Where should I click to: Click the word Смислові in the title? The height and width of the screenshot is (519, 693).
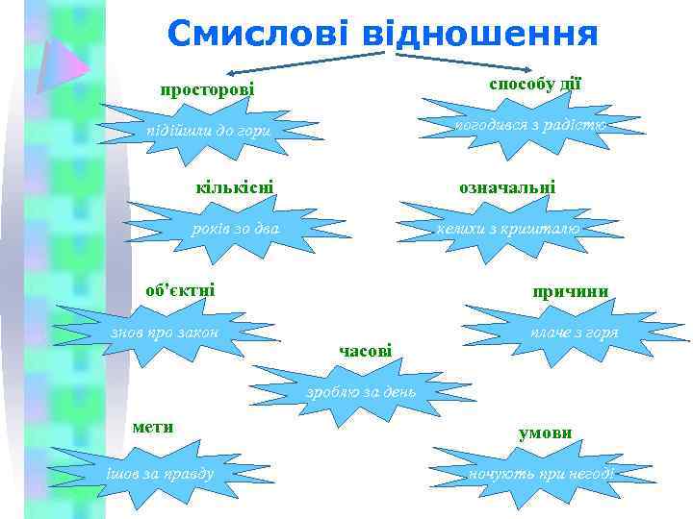pyautogui.click(x=258, y=35)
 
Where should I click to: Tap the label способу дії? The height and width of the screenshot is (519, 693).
pyautogui.click(x=535, y=84)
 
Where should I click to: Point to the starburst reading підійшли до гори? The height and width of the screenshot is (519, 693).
pyautogui.click(x=209, y=131)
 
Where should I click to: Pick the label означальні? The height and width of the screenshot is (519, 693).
pyautogui.click(x=507, y=187)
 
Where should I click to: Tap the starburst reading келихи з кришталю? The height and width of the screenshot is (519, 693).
pyautogui.click(x=507, y=229)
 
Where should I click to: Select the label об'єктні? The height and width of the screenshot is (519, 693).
pyautogui.click(x=180, y=289)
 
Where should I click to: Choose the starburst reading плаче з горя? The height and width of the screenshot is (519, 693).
pyautogui.click(x=575, y=333)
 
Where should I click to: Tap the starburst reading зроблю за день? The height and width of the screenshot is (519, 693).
pyautogui.click(x=361, y=391)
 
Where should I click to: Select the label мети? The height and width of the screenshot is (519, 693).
pyautogui.click(x=153, y=427)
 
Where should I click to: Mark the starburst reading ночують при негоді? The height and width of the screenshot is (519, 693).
pyautogui.click(x=541, y=473)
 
